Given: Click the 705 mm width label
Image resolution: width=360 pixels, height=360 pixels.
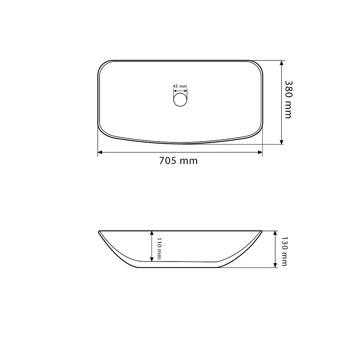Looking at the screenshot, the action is [178, 161].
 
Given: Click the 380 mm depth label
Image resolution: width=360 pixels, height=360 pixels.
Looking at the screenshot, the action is [288, 99].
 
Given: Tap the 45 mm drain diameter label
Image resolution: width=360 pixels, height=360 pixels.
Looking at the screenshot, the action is [180, 86].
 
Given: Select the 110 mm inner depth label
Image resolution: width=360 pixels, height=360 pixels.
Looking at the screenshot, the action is [159, 249].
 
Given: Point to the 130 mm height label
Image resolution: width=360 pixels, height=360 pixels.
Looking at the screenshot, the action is [284, 251].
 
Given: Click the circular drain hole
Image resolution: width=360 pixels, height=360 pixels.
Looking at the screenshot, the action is [180, 99].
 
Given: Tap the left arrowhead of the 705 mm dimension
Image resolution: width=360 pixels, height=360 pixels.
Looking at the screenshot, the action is [100, 152].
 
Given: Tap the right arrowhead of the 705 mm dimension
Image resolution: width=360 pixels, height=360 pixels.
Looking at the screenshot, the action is [260, 152].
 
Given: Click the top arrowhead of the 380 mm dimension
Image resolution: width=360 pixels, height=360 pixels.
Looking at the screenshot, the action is [282, 63].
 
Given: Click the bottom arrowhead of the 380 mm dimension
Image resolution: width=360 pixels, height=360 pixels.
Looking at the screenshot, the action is [282, 142].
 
